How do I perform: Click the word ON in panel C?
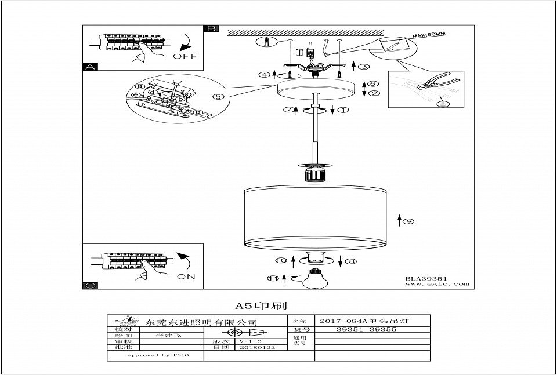click(186, 276)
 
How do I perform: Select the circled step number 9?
click(408, 221)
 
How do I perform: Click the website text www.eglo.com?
click(437, 285)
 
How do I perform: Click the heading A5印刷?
click(261, 305)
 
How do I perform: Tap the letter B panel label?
click(211, 28)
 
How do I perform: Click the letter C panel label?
click(89, 285)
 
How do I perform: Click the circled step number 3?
click(364, 67)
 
